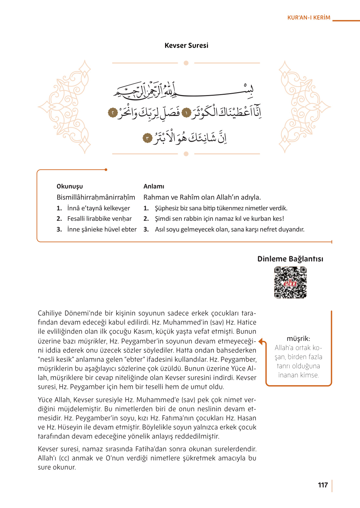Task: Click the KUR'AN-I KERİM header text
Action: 309,18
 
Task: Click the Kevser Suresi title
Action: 186,46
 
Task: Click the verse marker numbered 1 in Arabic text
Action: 186,113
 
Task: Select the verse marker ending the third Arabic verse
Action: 147,138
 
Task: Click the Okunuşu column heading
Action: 70,186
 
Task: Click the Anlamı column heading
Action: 154,186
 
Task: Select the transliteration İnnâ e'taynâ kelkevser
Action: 98,208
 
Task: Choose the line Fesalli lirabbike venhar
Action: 99,219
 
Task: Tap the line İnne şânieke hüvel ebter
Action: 102,229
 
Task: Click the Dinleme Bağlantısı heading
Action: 290,259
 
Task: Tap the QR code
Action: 290,282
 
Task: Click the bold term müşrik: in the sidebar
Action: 298,339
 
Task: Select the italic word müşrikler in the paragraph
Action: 92,341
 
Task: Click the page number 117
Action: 323,485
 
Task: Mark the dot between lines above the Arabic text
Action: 186,63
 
